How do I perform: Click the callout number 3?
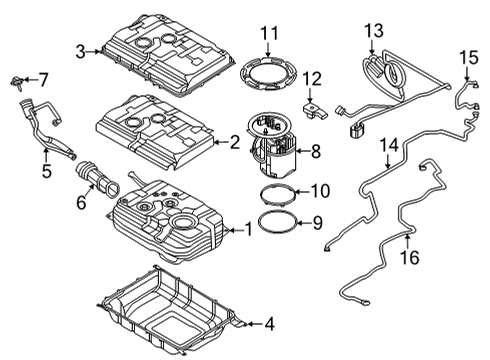tap(79, 48)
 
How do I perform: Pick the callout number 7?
tap(42, 78)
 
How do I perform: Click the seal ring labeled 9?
tap(276, 220)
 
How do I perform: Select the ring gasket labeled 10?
tap(276, 192)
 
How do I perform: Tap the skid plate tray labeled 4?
tap(170, 318)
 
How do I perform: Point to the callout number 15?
tap(464, 61)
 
